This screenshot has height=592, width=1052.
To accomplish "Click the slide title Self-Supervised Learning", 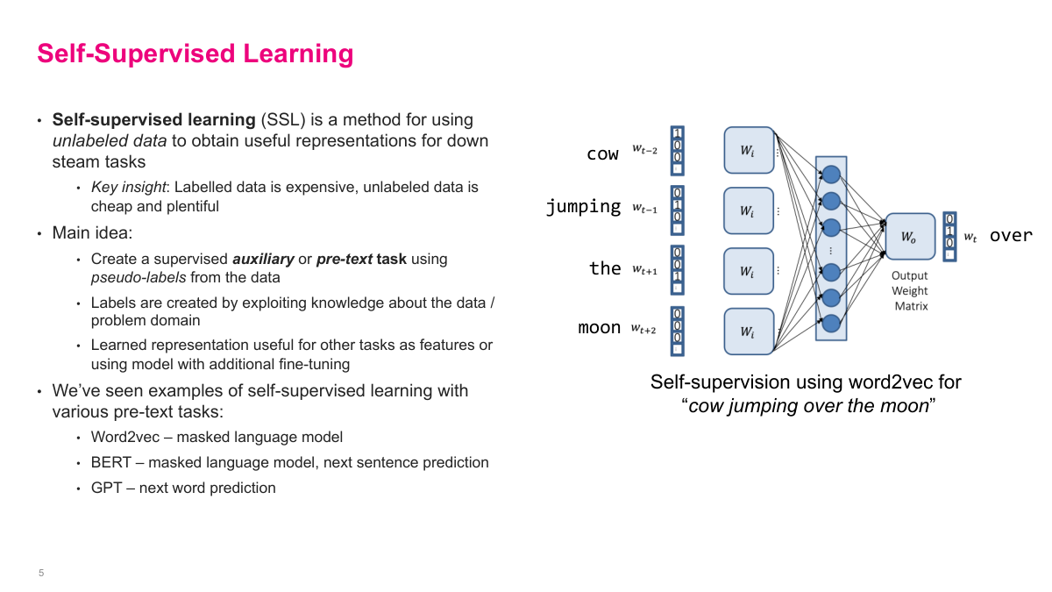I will click(195, 53).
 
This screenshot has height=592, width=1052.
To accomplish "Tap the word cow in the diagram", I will click(602, 153).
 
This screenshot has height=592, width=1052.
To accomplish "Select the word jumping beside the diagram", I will click(583, 207).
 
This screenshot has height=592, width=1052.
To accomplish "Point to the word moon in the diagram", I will click(600, 328).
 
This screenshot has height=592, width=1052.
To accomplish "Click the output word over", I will click(1011, 235).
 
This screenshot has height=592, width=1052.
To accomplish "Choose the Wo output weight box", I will click(910, 236).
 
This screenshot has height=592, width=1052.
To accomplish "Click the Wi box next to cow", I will click(749, 150).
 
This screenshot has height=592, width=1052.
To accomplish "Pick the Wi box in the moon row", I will click(749, 331).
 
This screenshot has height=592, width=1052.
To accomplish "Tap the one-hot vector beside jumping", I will click(677, 210).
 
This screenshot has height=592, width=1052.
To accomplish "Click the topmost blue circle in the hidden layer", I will click(831, 173).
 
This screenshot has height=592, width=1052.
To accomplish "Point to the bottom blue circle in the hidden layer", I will click(831, 323).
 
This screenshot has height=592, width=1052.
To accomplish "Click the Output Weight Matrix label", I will click(910, 290).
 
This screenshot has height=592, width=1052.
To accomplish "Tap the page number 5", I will click(41, 573).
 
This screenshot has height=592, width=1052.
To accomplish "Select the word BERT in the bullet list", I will click(111, 462).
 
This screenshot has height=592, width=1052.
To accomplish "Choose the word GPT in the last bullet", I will click(107, 488).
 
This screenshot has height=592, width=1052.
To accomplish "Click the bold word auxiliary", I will click(263, 259).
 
